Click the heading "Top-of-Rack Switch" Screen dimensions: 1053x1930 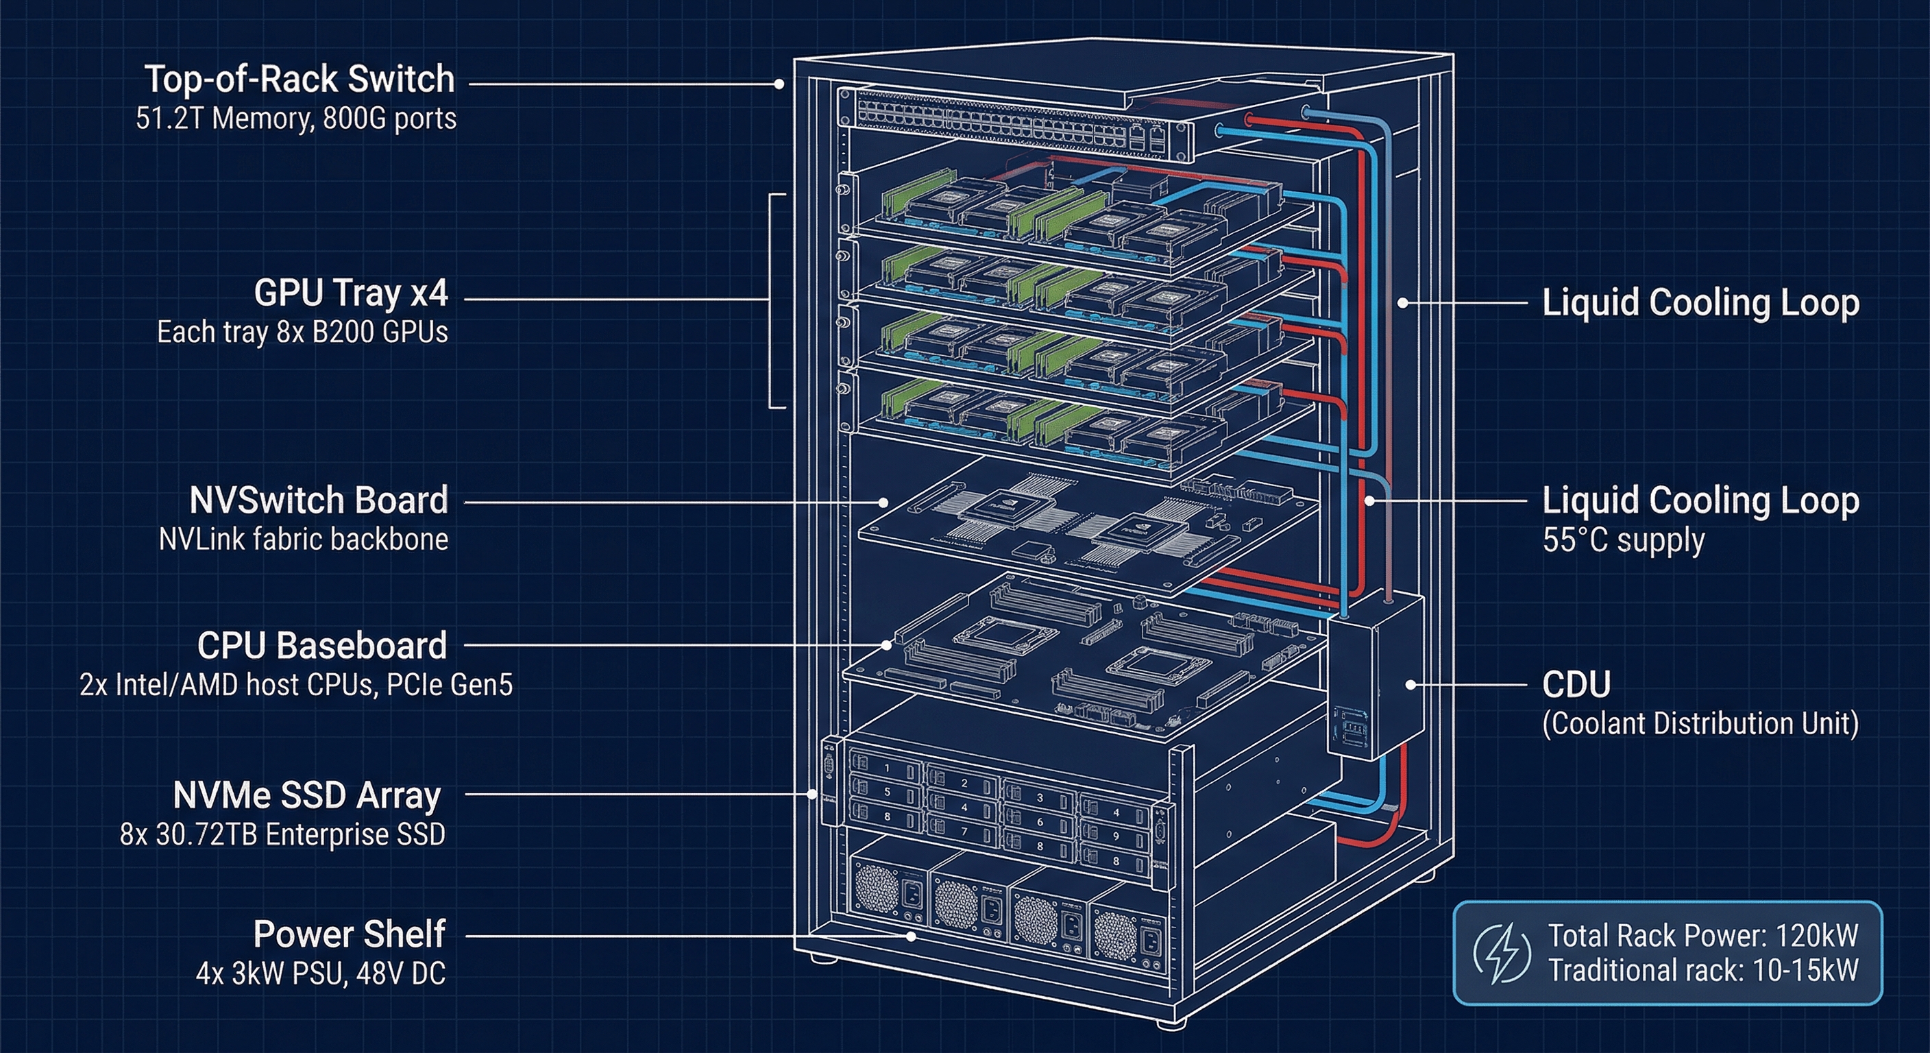tap(299, 79)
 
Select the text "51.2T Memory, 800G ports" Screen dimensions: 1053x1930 tap(296, 119)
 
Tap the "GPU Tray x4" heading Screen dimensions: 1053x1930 tap(351, 292)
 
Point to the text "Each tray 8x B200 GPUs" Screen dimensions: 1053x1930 tap(302, 332)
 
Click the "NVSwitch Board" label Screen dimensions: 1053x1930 tap(319, 500)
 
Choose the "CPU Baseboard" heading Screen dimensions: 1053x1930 tap(322, 645)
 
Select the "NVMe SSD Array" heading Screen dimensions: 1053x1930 tap(306, 795)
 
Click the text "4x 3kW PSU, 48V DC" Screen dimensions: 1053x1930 tap(321, 973)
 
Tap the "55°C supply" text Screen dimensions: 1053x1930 tap(1623, 540)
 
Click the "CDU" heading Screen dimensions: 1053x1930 tap(1576, 683)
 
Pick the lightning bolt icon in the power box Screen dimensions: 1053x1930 tap(1502, 953)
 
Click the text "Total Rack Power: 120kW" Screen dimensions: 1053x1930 tap(1703, 935)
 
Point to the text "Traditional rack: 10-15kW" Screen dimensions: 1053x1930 tap(1703, 971)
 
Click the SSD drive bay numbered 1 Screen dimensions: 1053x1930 tap(887, 768)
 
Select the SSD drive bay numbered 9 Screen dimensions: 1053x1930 tap(1116, 836)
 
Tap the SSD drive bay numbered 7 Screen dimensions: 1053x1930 tap(964, 830)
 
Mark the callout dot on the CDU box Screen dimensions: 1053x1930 tap(1410, 684)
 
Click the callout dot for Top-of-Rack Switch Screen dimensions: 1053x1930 tap(779, 84)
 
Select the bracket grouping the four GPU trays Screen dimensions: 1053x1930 tap(772, 300)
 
